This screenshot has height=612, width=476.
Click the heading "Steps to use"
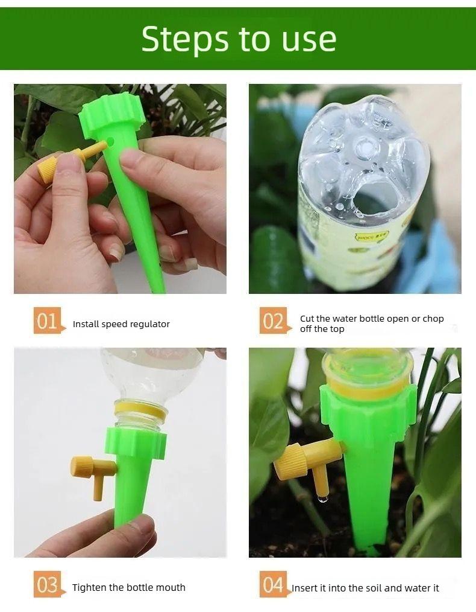239,39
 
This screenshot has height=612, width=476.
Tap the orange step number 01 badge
47,321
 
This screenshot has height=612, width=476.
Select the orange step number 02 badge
273,321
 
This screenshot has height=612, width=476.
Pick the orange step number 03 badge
47,585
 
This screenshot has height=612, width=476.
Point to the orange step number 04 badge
273,585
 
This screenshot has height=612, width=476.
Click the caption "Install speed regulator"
121,324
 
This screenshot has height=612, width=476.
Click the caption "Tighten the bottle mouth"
129,587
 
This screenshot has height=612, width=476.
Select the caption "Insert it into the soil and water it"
366,588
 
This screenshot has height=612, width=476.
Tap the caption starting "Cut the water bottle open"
372,324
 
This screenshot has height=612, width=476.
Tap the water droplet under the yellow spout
324,499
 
